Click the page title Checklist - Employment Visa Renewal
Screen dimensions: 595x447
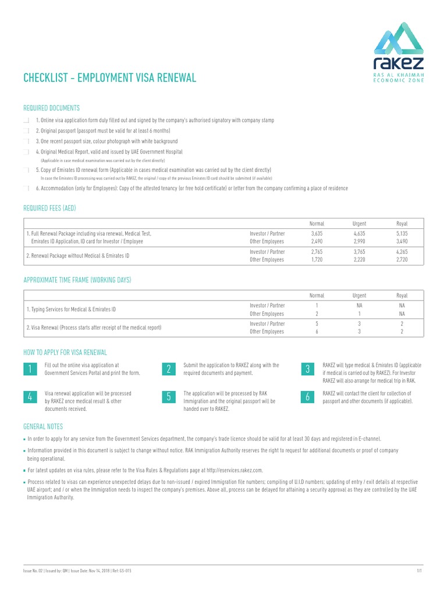(109, 78)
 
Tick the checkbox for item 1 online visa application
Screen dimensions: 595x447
(26, 120)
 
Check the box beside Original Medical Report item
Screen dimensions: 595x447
(26, 152)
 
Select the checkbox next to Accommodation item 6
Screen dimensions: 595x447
(26, 189)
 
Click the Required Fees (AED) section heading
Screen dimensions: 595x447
(49, 208)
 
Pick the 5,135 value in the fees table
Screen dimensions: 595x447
(402, 233)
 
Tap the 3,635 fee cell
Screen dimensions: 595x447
(317, 233)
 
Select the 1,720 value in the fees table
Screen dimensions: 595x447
(317, 260)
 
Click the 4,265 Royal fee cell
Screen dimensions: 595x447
(402, 252)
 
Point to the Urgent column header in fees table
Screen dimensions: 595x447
(359, 224)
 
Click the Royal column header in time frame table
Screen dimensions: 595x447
(402, 296)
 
